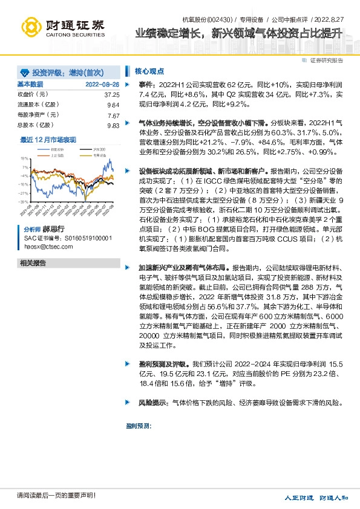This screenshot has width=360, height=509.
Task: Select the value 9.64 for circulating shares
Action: point(113,105)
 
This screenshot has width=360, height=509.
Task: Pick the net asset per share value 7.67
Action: point(113,115)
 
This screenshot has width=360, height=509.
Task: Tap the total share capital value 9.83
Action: point(113,125)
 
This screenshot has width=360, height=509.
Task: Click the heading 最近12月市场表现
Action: point(48,140)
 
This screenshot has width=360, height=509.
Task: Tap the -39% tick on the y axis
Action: point(23,202)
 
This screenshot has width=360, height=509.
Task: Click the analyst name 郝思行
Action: point(52,230)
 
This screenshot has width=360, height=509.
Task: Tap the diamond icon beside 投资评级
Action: point(24,72)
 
